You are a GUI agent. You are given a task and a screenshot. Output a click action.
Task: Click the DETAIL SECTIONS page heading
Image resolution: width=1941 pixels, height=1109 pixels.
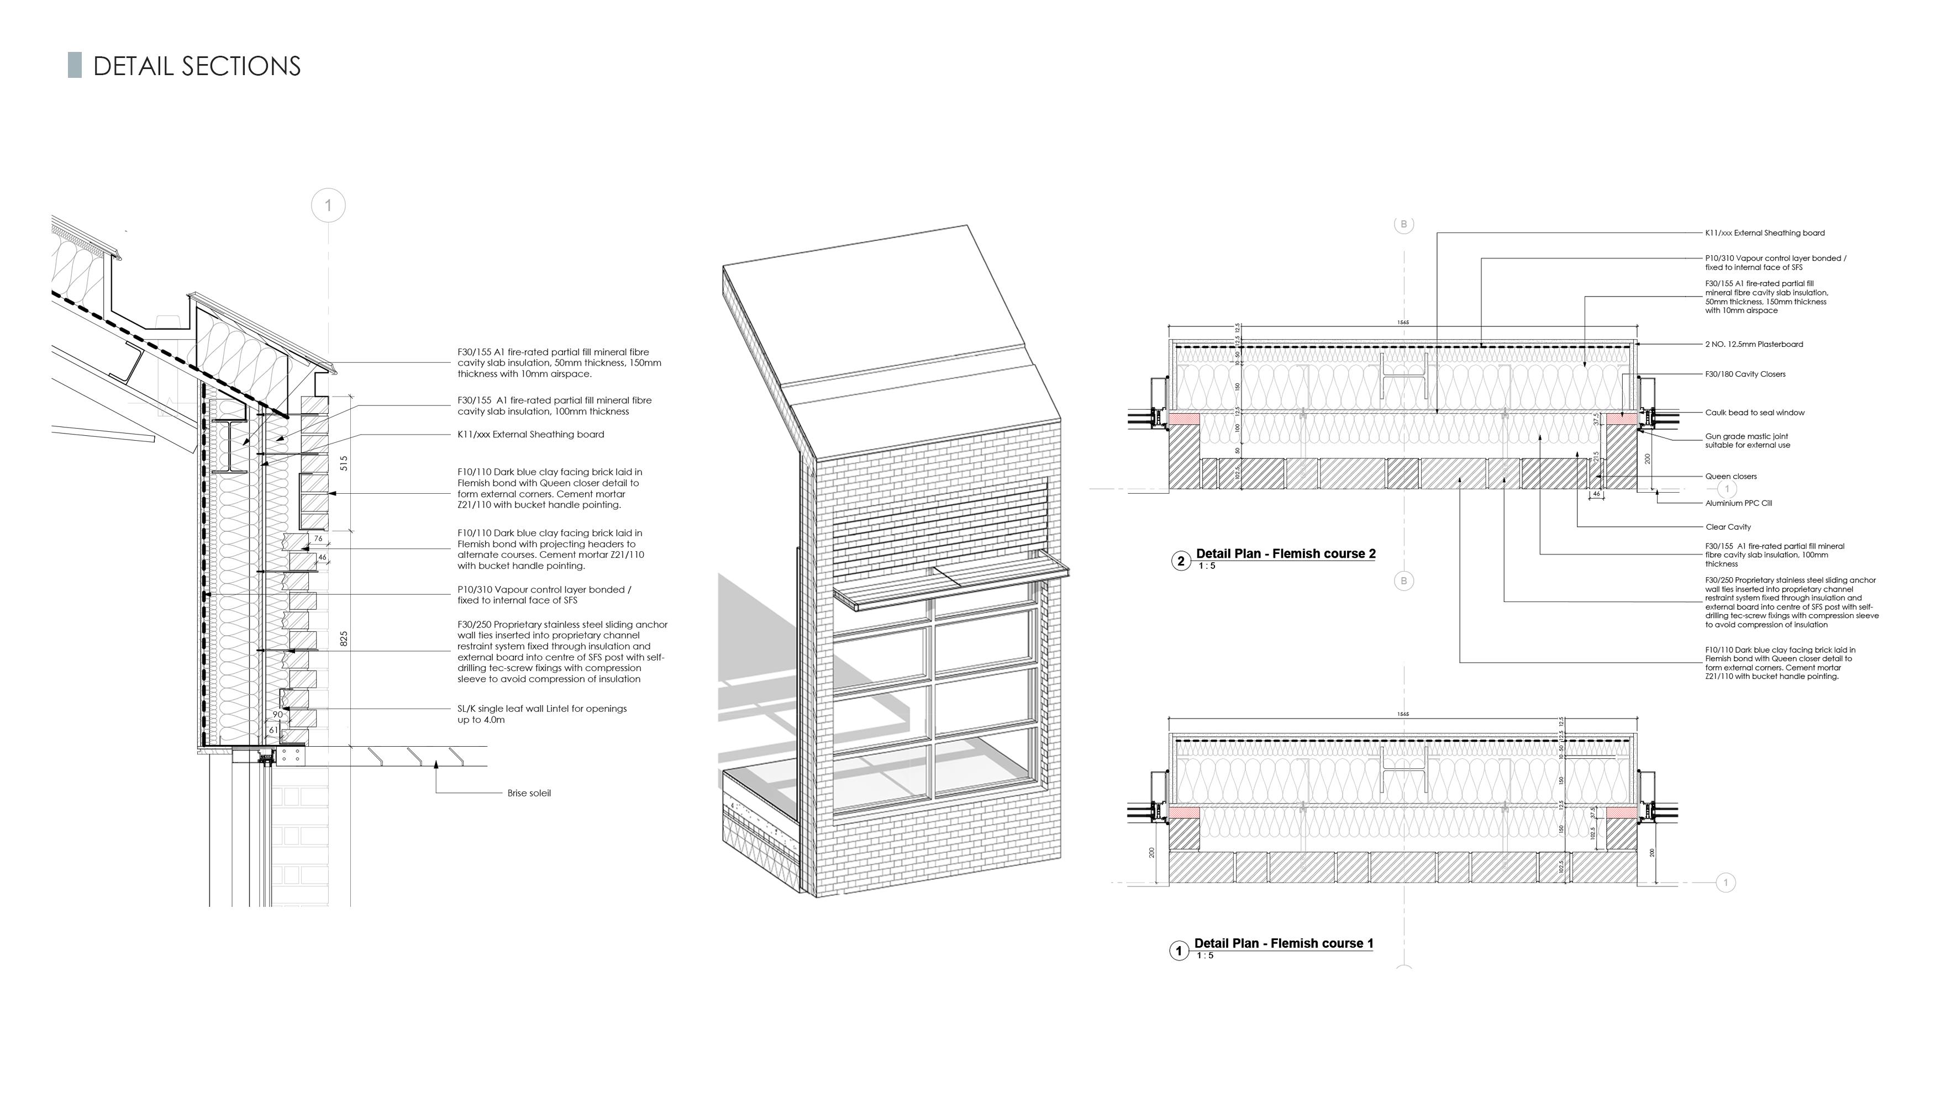coord(197,66)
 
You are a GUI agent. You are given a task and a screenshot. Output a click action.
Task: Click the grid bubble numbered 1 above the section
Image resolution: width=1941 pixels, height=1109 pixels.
coord(328,205)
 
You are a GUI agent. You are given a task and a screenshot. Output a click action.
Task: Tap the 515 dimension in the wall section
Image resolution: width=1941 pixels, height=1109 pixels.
coord(344,463)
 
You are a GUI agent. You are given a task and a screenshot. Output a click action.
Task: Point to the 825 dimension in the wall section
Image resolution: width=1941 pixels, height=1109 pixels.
coord(344,638)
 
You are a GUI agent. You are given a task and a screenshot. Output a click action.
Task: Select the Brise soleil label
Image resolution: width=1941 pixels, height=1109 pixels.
coord(529,793)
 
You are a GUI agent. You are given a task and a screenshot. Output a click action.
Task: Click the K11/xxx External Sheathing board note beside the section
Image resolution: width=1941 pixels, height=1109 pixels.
coord(530,434)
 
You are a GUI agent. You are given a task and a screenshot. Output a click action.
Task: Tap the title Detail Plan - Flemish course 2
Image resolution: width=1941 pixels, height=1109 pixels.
coord(1285,554)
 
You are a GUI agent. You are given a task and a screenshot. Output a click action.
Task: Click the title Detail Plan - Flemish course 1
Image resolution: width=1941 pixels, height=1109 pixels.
coord(1283,943)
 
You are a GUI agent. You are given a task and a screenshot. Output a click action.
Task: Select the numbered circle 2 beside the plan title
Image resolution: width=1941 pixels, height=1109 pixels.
coord(1181,561)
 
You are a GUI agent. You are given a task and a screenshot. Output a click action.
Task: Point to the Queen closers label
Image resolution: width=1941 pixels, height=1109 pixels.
coord(1730,476)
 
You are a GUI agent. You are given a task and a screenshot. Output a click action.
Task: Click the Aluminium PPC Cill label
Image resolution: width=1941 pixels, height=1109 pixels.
coord(1738,503)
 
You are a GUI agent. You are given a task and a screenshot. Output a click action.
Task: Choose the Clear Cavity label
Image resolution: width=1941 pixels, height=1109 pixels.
coord(1728,526)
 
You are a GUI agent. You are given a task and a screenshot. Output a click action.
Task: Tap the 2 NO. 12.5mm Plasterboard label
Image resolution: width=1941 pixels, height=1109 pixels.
coord(1754,344)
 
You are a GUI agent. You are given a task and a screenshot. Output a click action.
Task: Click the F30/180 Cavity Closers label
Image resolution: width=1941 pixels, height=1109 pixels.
coord(1744,374)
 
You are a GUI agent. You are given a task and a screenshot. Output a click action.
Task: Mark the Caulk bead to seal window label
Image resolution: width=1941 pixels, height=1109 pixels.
coord(1754,413)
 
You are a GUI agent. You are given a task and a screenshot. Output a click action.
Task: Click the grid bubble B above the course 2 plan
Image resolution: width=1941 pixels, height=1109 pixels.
coord(1404,224)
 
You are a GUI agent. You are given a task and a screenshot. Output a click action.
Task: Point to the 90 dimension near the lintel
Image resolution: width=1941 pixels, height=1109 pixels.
coord(277,715)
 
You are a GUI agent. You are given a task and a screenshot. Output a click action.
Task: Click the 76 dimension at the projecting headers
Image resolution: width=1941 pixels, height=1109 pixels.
coord(318,538)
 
